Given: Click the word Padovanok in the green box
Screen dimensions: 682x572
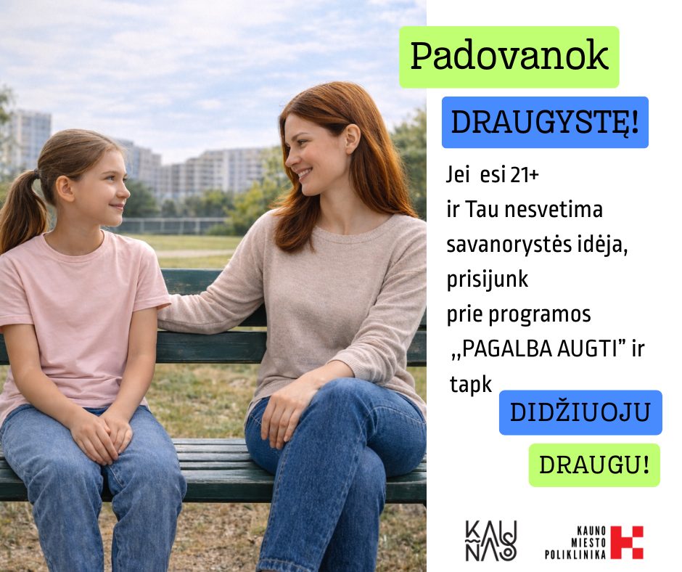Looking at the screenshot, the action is coord(509,56).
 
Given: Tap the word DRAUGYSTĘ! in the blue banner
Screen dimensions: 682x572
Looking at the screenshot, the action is coord(545,123).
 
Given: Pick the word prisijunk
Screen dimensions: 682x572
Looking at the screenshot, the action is coord(487,279).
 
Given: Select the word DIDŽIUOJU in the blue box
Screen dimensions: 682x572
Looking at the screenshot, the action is coord(580,412).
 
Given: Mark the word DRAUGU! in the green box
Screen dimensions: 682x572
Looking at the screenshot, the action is coord(594,465).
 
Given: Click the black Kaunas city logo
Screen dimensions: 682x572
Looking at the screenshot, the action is coord(491,540).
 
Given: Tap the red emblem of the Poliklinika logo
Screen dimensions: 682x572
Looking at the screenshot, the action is coord(627,542).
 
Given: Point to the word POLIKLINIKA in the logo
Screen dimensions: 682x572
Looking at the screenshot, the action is coord(575,554).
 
